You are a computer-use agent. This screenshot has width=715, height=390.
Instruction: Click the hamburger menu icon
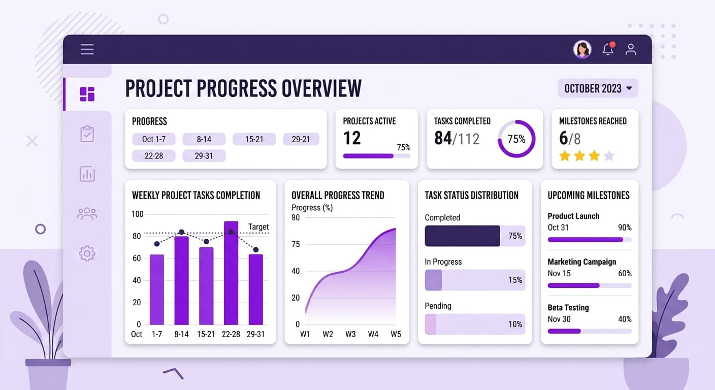coord(87,49)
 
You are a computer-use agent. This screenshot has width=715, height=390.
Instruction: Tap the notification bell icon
coord(608,49)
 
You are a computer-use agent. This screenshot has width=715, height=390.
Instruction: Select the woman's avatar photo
coord(582,49)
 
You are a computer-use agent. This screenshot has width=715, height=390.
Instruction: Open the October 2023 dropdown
coord(598,88)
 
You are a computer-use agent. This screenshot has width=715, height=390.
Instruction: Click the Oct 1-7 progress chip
coord(153,139)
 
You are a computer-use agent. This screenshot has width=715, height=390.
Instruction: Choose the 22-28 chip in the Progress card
coord(153,156)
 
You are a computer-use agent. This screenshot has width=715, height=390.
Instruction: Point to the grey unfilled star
coord(609,156)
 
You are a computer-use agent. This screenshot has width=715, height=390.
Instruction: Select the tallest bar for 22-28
coord(231,273)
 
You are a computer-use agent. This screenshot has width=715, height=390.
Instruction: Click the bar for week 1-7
coord(157,289)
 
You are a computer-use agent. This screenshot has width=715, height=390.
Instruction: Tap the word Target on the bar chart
coord(258,226)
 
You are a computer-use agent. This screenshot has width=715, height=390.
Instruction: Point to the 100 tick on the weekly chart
coord(137,214)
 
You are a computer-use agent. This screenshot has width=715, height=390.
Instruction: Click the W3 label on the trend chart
coord(350,334)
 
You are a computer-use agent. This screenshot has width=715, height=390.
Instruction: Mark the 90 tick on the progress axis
coord(296,218)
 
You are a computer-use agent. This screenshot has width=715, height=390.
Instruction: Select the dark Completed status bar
coord(462,236)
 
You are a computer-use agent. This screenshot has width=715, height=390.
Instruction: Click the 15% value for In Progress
coord(515,280)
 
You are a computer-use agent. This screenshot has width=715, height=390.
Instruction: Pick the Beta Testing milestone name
coord(568,307)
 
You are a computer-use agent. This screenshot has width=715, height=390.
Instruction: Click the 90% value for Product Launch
coord(625,227)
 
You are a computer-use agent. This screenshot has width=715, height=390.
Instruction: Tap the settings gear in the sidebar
coord(87,253)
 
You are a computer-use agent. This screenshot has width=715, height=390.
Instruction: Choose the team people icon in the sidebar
coord(87,213)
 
